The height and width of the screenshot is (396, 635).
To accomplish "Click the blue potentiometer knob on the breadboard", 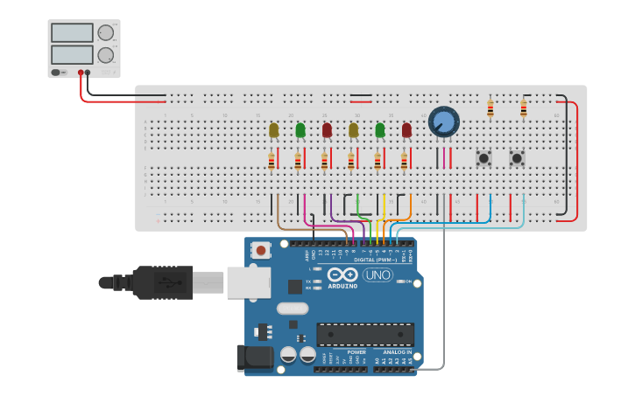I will coord(444,122).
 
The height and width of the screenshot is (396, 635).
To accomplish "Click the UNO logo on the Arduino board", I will coord(377,274).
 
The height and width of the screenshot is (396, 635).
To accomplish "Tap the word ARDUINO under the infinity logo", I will coord(342,286).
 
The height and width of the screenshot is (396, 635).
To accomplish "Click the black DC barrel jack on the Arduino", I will coord(255,357).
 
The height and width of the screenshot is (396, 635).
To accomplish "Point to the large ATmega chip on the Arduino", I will coord(365,334).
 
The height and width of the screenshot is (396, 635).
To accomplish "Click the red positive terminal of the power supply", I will coord(81,73).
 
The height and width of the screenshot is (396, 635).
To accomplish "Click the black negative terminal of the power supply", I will coord(88,73).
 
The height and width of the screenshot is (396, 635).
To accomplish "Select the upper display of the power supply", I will coord(72,33).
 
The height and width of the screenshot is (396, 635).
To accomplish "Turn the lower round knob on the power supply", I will coord(106,55).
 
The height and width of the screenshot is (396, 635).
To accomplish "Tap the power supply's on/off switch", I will coord(58,73).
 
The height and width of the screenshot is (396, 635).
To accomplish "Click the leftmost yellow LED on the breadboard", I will coord(274,130).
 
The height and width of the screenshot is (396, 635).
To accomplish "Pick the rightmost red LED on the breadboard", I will coord(406,129).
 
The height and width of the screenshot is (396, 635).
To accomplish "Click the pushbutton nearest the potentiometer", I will coord(483,158).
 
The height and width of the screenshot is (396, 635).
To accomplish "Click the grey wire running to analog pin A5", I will coord(443,297).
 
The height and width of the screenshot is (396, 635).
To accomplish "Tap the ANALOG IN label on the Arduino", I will coord(397,352).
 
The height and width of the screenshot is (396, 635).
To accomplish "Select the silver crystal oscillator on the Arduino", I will coord(293,308).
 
